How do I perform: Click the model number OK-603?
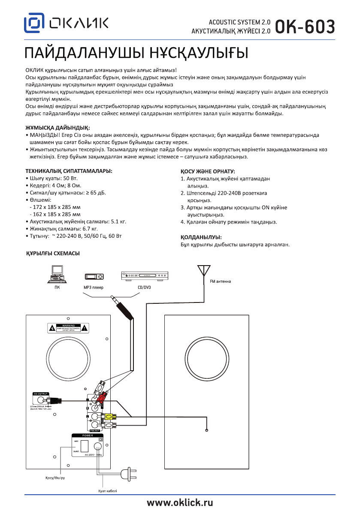[305, 27]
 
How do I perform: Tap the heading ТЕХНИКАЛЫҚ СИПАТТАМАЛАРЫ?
[69, 171]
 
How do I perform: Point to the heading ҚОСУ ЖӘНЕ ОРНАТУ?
[208, 171]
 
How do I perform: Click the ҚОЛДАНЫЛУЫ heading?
[201, 237]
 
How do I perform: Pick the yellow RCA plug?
[109, 416]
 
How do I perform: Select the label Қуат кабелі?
[105, 491]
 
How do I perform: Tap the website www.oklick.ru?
[180, 502]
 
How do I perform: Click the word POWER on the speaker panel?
[87, 435]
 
